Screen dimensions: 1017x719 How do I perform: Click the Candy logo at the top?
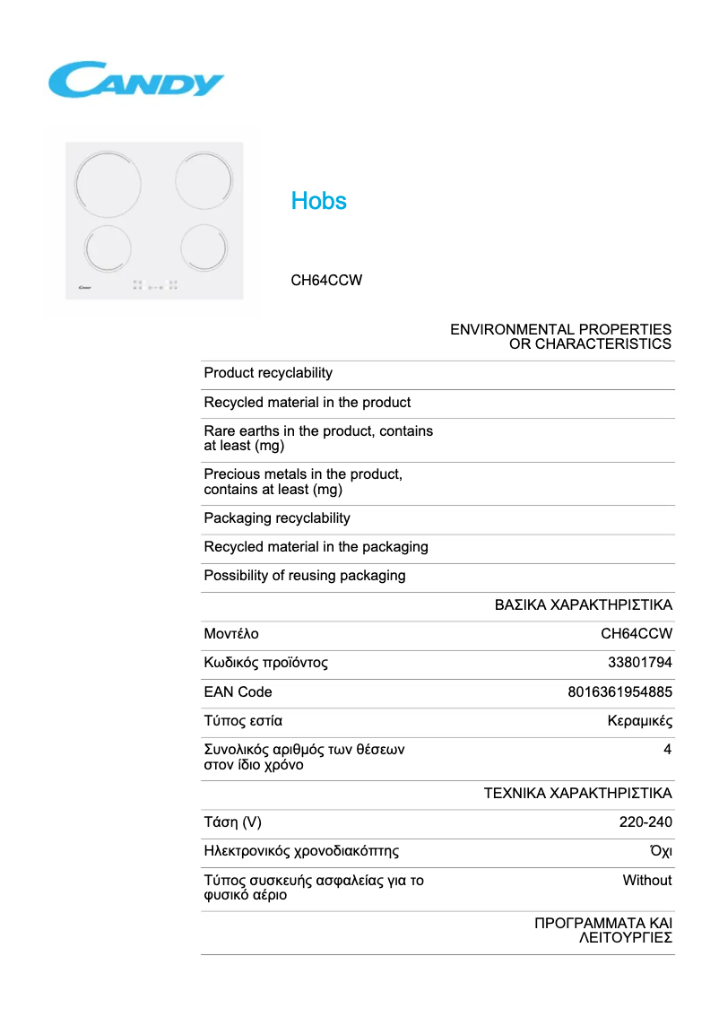point(135,80)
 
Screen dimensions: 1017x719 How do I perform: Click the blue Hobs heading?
point(318,201)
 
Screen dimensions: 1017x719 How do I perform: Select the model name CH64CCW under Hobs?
point(326,280)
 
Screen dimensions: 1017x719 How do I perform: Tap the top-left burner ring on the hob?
point(108,183)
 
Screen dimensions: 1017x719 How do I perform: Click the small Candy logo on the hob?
point(78,288)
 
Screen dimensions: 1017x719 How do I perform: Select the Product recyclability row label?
point(268,373)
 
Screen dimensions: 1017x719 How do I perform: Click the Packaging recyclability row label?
point(277,518)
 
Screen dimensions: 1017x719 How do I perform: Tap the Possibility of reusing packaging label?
point(305,576)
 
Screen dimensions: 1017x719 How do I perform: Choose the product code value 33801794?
point(640,664)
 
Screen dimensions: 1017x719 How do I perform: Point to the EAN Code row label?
point(238,692)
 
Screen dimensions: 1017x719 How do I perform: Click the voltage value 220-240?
point(645,822)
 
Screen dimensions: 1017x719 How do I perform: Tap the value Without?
point(647,881)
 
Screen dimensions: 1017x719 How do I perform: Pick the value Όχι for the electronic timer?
point(661,851)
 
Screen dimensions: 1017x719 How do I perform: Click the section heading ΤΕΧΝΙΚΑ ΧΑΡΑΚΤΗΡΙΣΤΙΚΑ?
point(577,794)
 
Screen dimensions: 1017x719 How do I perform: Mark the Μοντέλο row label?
point(231,634)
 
